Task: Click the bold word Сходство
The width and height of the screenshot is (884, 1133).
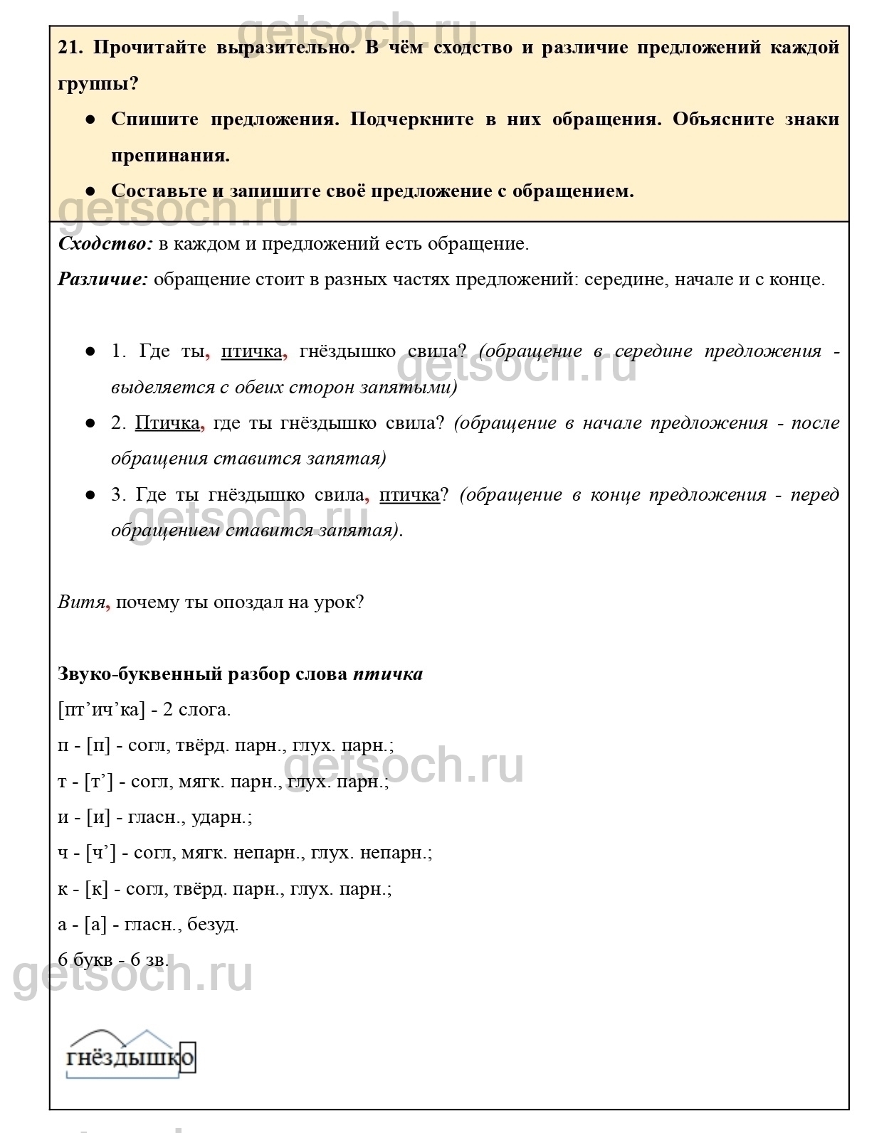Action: coord(105,244)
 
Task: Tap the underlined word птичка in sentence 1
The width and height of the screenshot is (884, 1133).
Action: coord(251,351)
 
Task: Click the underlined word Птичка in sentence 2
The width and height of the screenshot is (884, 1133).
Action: coord(167,423)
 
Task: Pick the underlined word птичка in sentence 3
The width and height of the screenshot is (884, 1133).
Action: coord(409,495)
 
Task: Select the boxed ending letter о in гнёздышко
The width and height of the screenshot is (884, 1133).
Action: coord(186,1058)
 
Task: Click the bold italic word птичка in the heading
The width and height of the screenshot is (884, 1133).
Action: coord(388,674)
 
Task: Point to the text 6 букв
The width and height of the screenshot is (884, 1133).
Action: coord(85,959)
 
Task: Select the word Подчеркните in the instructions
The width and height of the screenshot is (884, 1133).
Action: coord(412,119)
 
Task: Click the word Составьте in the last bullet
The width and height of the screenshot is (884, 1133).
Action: coord(160,191)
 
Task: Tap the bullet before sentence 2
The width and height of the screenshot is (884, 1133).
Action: coord(90,423)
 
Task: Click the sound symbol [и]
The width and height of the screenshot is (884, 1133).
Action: coord(98,817)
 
